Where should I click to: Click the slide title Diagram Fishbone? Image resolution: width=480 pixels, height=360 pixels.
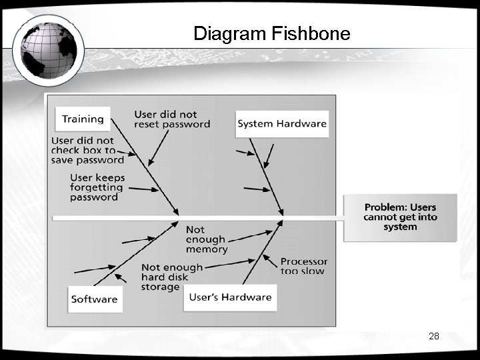(x=271, y=33)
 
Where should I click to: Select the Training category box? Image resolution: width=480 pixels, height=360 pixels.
(x=83, y=119)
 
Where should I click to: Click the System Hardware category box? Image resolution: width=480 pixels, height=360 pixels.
(x=282, y=123)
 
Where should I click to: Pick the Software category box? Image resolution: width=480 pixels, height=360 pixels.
(x=94, y=299)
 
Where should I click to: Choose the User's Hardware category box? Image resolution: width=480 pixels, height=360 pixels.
(x=230, y=297)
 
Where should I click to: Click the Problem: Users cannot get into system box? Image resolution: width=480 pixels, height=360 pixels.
(x=400, y=217)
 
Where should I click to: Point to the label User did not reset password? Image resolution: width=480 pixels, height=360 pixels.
(x=172, y=119)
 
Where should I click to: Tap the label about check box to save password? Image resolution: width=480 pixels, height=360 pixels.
(x=87, y=150)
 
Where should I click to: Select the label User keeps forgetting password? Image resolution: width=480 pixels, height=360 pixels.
(x=97, y=187)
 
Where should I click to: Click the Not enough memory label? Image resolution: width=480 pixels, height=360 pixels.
(x=206, y=239)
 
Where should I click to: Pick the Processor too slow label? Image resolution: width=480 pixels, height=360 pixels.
(x=303, y=266)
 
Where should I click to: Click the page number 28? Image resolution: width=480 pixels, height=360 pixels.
(x=434, y=336)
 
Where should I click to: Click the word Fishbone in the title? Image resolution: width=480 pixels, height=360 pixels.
(x=312, y=33)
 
